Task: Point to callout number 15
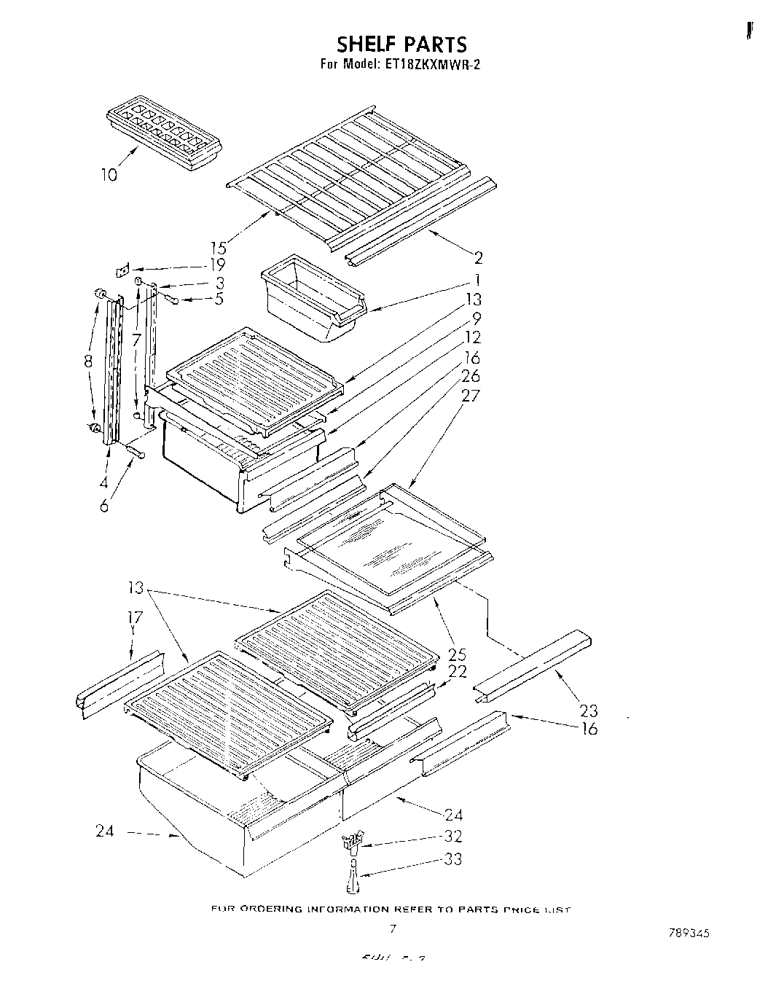click(x=218, y=247)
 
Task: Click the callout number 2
click(x=478, y=257)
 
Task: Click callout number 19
click(x=216, y=265)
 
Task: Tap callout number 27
click(x=471, y=396)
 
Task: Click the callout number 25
click(x=458, y=654)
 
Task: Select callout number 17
click(x=135, y=618)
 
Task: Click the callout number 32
click(x=452, y=837)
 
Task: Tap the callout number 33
click(x=452, y=860)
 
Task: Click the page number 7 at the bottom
click(x=393, y=928)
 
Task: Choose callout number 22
click(x=458, y=672)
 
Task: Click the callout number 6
click(x=104, y=506)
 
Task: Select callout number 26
click(x=471, y=376)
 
